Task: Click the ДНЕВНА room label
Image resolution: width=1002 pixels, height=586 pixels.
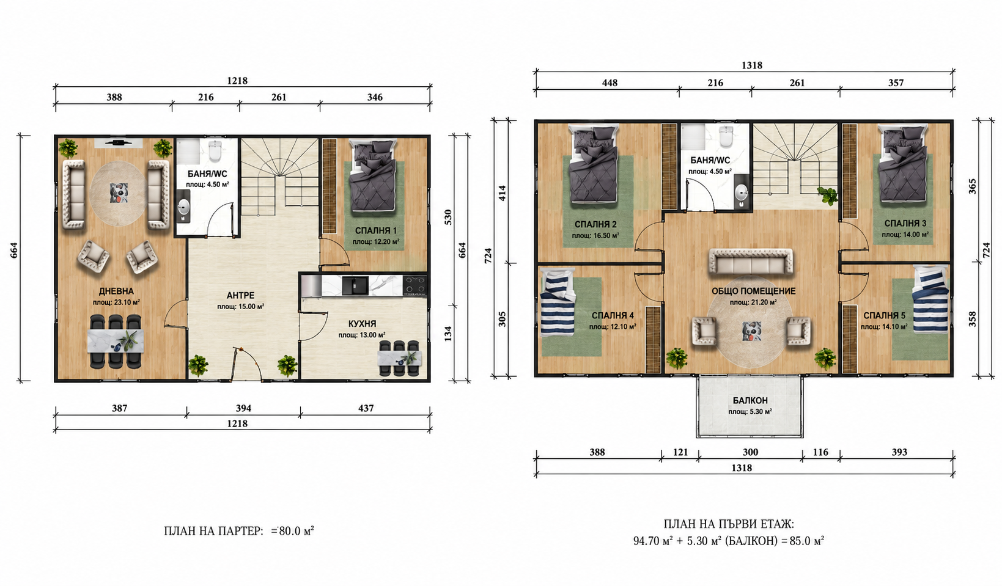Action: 116,291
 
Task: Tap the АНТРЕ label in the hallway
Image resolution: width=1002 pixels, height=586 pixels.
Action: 241,296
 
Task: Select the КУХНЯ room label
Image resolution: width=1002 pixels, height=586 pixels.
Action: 363,324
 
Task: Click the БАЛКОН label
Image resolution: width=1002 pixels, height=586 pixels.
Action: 750,400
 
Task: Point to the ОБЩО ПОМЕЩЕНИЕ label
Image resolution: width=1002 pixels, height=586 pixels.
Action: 754,291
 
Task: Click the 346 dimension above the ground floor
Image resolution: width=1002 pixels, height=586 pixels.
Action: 375,97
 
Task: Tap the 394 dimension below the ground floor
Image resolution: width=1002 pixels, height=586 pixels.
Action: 243,408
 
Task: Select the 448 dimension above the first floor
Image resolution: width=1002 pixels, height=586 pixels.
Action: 610,82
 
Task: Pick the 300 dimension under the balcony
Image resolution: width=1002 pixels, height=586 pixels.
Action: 750,452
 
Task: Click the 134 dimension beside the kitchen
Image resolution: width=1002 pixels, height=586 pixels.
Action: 448,334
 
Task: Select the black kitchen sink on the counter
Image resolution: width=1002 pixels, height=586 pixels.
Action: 355,286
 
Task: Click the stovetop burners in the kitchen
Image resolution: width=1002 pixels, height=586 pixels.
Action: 414,285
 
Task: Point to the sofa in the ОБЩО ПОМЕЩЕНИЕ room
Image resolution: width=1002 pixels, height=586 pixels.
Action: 751,262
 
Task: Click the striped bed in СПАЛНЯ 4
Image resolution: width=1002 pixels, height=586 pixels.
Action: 558,302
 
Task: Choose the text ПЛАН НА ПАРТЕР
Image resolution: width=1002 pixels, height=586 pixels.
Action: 213,531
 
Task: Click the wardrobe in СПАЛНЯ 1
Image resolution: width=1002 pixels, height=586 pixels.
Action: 330,186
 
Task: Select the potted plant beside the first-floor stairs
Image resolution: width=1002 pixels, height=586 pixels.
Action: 827,196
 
